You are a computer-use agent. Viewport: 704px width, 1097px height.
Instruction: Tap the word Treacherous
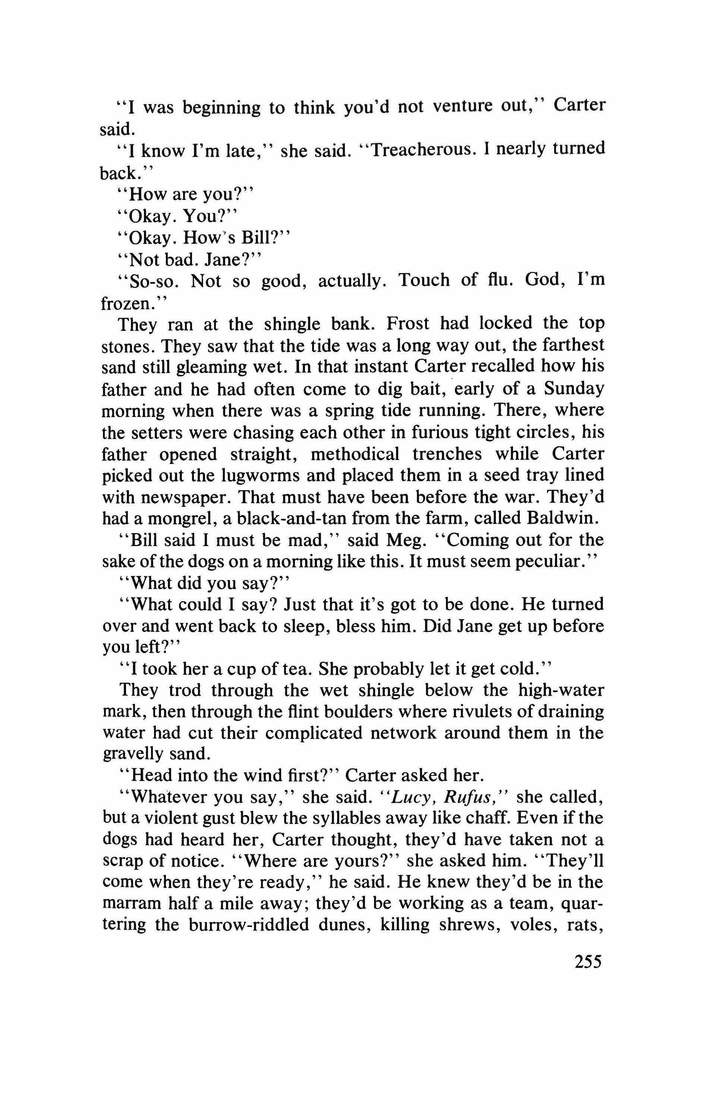pyautogui.click(x=415, y=150)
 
